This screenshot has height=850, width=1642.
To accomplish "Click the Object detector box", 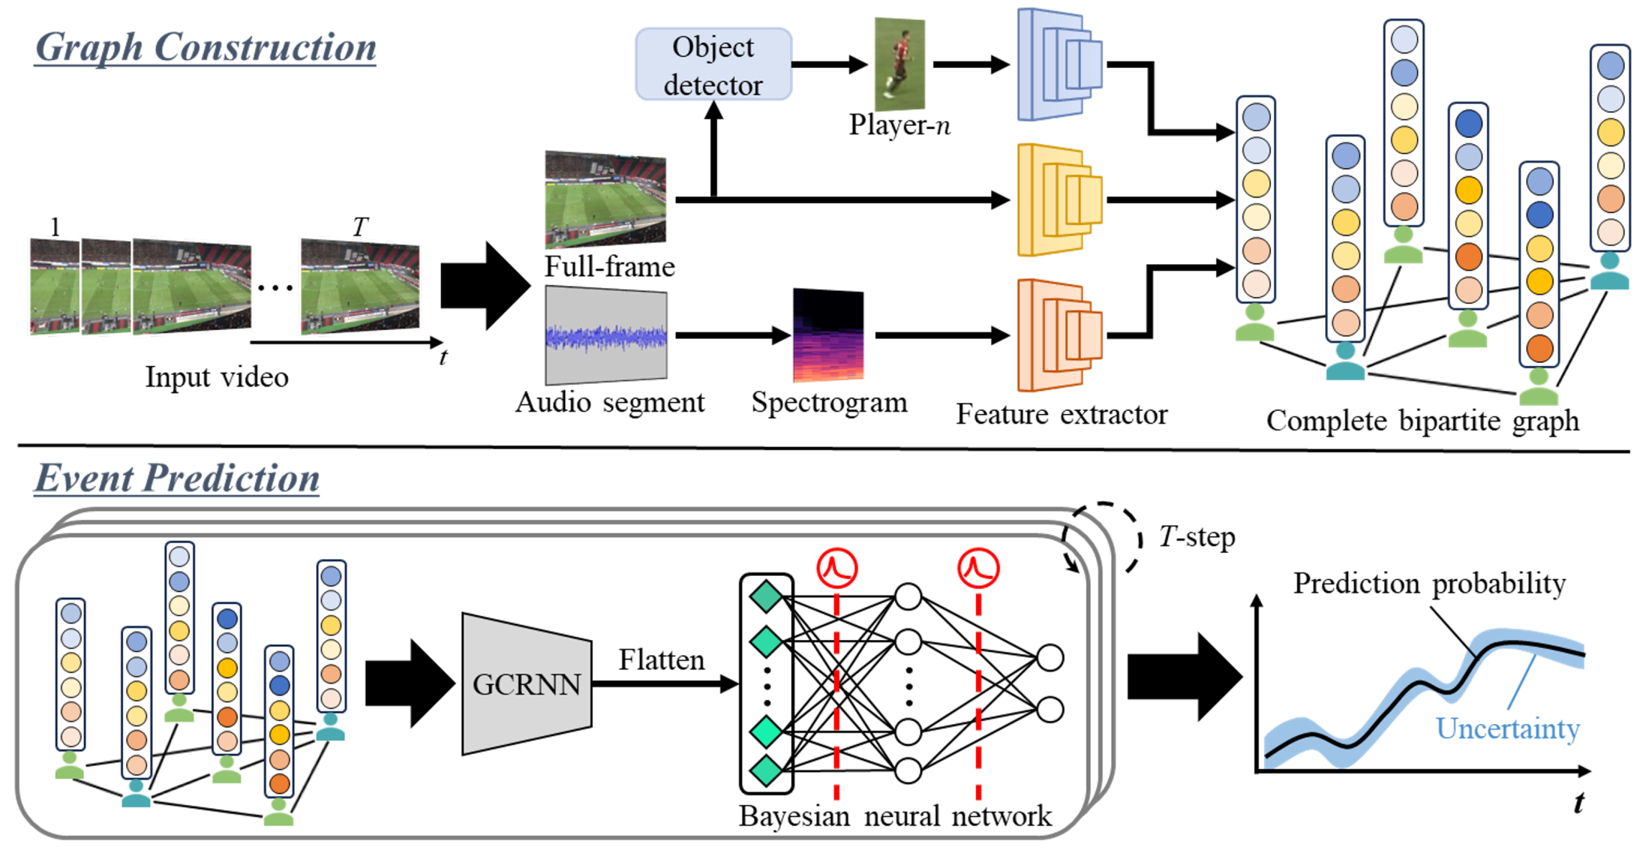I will tap(713, 64).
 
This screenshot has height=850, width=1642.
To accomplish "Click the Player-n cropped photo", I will tap(899, 64).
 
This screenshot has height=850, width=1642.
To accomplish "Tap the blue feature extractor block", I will tap(1059, 64).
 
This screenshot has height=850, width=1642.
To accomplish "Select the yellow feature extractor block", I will tap(1059, 199).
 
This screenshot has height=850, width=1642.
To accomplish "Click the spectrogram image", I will tap(828, 335).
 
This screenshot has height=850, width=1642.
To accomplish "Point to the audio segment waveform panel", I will tap(606, 335).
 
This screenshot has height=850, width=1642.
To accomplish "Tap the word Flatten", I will tap(662, 659).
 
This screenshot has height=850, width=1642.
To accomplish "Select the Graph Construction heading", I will tap(205, 47).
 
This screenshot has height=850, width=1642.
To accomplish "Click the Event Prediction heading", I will tap(177, 478).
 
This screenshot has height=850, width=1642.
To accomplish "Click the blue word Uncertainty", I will tap(1507, 728).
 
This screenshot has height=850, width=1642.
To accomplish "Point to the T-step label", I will tap(1196, 537).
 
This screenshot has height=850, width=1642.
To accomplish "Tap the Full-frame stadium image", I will tap(606, 199).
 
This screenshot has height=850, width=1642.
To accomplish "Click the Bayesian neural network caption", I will tap(895, 816).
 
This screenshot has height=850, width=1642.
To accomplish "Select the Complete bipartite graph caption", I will tap(1423, 420).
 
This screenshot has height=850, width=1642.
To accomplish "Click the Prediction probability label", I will tap(1429, 583).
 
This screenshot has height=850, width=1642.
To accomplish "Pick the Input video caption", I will tap(217, 376).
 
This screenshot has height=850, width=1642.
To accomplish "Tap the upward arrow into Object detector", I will tap(714, 150).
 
